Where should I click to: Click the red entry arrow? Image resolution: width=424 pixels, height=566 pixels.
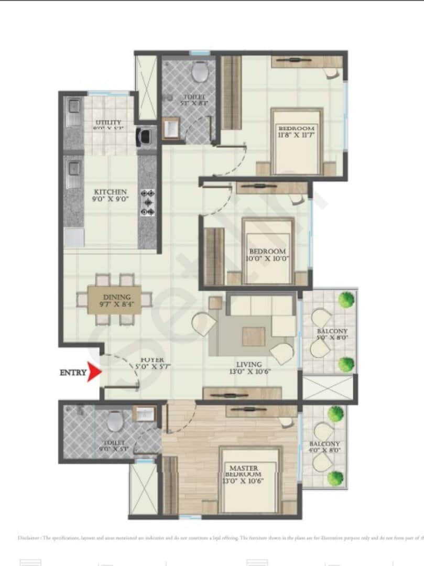95,373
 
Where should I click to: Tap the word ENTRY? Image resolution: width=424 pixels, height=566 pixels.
73,373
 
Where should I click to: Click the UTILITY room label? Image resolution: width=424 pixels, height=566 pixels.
108,123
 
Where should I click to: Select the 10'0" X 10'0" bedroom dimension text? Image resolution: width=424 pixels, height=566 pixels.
268,258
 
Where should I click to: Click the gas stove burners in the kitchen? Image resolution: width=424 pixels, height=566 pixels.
148,202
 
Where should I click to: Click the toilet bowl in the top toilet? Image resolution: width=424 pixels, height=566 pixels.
199,72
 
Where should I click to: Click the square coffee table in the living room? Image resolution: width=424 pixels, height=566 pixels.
253,336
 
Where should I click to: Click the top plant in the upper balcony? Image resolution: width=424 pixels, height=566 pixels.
346,300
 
